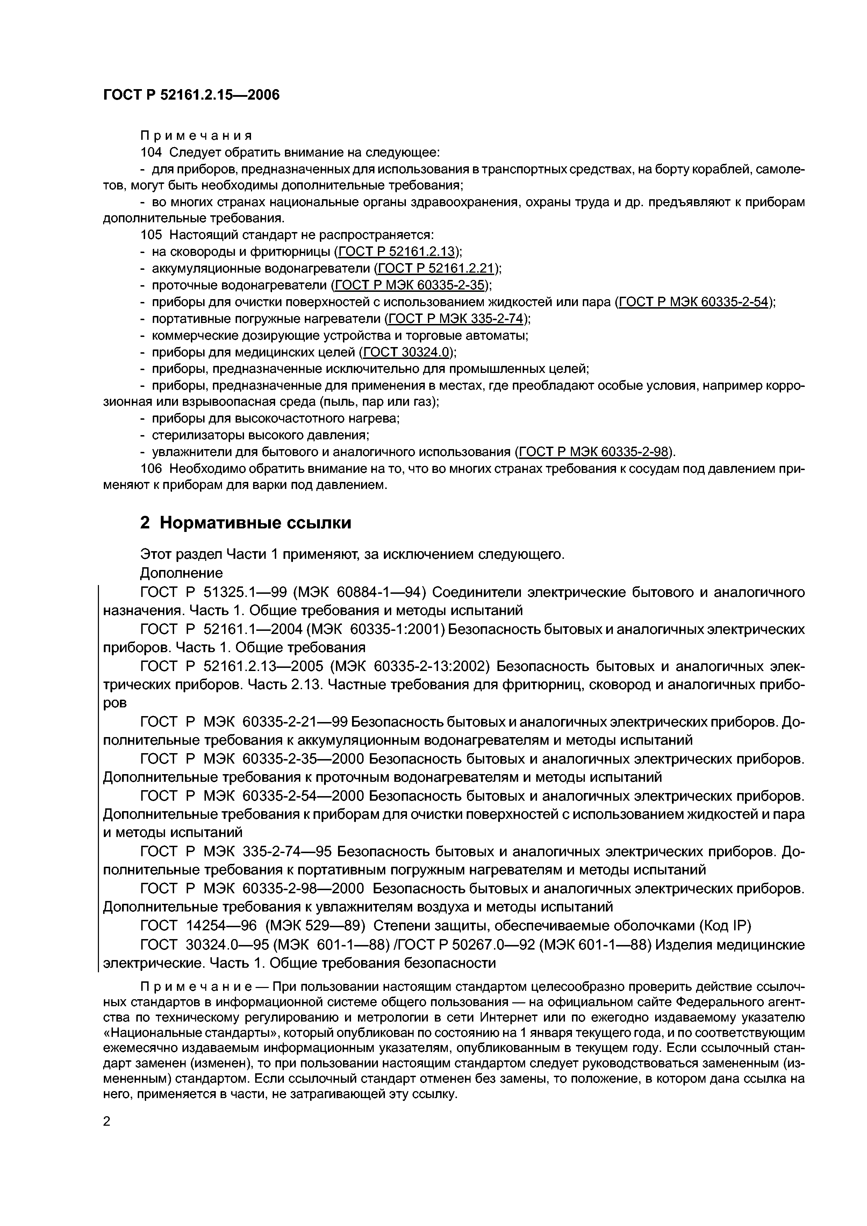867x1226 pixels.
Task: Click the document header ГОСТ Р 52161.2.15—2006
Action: coord(191,95)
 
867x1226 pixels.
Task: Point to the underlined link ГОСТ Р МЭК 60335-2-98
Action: coord(594,452)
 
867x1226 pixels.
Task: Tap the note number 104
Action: coord(151,152)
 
